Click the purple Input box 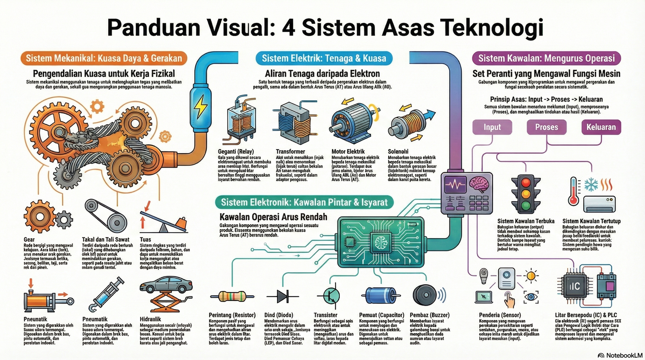[492, 127]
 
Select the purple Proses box [546, 127]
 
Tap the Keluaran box [601, 127]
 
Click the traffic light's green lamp [525, 206]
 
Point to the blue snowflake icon [591, 185]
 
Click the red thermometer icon [573, 191]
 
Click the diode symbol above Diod [283, 296]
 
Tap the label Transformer [290, 152]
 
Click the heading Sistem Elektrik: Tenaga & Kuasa [324, 58]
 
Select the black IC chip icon [574, 286]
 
